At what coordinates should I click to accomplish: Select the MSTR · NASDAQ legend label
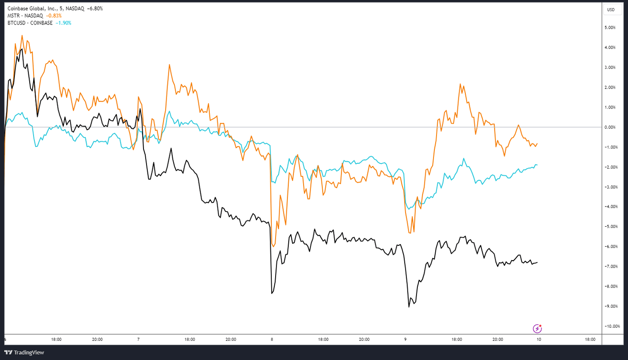[x=24, y=16]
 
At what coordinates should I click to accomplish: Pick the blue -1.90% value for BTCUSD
[x=63, y=23]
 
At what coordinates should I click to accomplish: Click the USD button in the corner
[x=611, y=10]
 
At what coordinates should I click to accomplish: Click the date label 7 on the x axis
[x=138, y=339]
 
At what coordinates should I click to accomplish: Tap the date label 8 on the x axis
[x=272, y=339]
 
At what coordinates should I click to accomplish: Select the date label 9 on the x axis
[x=405, y=339]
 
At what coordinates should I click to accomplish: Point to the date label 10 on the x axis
[x=539, y=339]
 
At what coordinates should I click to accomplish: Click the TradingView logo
[x=24, y=352]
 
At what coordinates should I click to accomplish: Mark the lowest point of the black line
[x=409, y=307]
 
